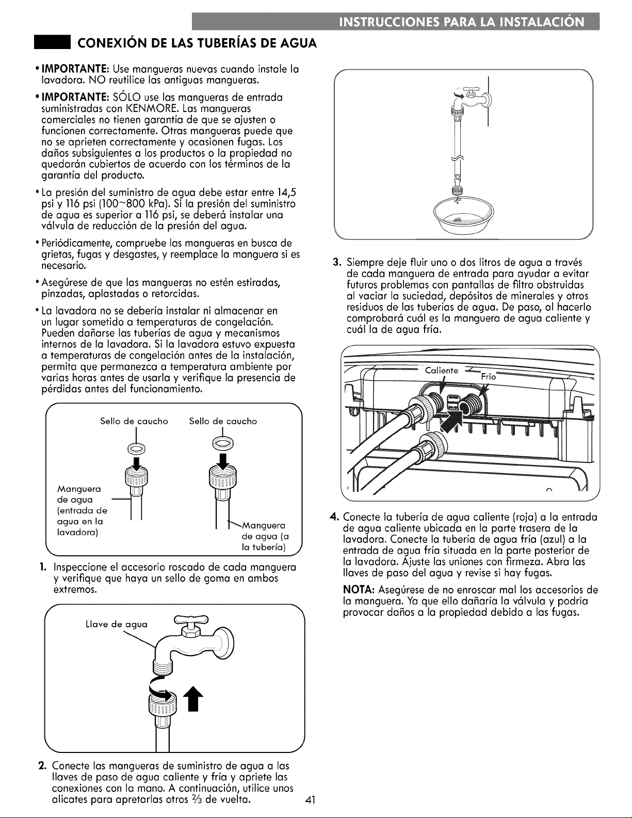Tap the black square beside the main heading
(x=52, y=43)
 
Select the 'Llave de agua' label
(x=117, y=624)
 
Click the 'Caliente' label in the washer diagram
(x=442, y=371)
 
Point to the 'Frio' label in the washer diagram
(x=489, y=377)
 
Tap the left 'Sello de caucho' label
(x=134, y=421)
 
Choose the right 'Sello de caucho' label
(x=223, y=421)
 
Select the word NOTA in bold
(x=359, y=589)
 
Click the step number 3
(x=337, y=262)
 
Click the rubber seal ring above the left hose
(x=136, y=448)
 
